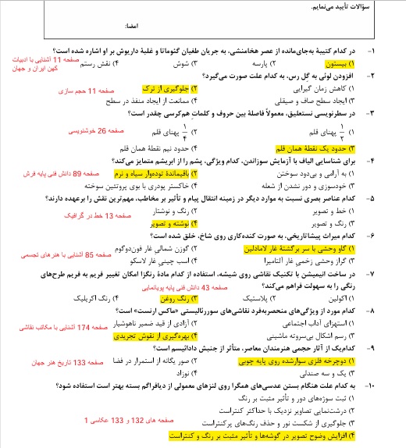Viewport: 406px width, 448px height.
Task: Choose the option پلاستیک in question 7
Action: pos(254,298)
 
